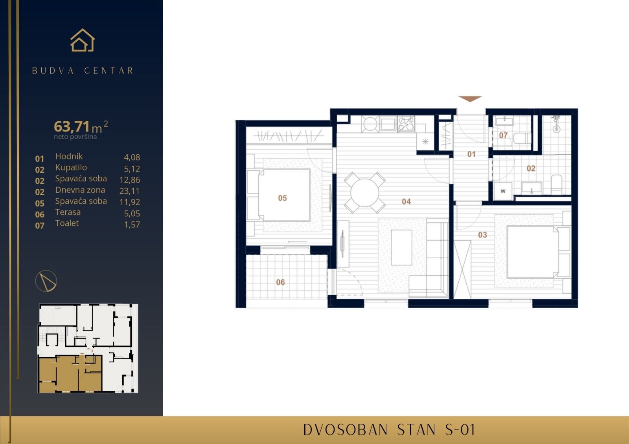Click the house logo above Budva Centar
[83, 41]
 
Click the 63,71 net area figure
[72, 126]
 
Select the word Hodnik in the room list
[69, 156]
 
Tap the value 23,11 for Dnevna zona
[129, 191]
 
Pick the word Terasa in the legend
[68, 212]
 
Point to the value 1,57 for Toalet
[132, 225]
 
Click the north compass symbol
[46, 280]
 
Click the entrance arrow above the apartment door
[470, 99]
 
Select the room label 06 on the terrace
[280, 282]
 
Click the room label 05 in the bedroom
[282, 198]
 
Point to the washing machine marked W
[503, 191]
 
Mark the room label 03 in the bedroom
[482, 235]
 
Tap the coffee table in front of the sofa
[401, 247]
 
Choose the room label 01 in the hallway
[471, 154]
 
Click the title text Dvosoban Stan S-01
[389, 430]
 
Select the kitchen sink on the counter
[388, 124]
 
